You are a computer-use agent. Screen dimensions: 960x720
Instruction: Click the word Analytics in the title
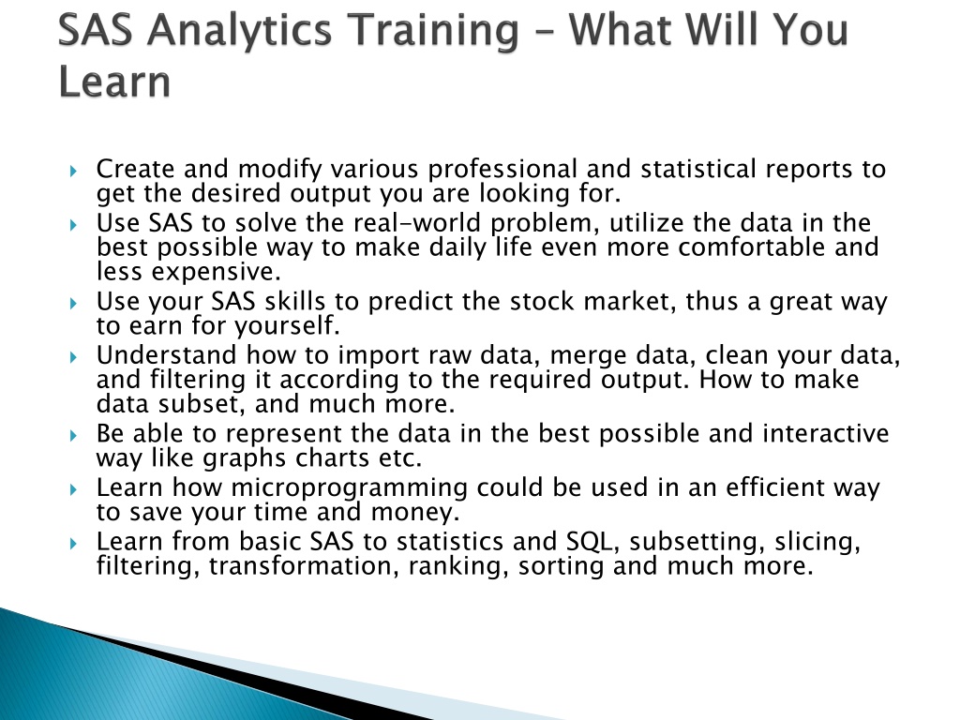click(240, 31)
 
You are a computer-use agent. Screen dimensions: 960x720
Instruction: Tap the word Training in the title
click(435, 31)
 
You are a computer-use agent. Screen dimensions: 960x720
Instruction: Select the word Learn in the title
click(114, 82)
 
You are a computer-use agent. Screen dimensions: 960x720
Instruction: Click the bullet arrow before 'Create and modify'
click(73, 171)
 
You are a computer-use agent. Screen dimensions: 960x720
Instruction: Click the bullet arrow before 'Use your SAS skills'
click(73, 303)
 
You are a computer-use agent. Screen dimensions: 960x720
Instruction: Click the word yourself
click(287, 326)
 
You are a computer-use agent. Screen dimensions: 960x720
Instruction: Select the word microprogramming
click(349, 488)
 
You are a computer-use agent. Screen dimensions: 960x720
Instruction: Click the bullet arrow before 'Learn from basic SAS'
click(73, 543)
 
